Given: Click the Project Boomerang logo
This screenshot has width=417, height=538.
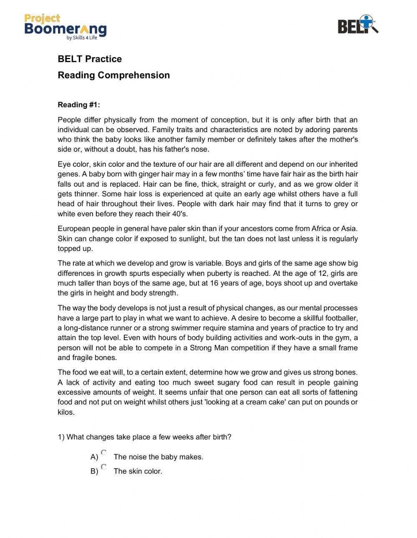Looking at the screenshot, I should (x=65, y=26).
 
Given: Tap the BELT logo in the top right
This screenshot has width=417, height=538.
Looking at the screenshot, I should (x=358, y=25).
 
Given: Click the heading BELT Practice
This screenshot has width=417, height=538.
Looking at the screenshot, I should (x=90, y=59).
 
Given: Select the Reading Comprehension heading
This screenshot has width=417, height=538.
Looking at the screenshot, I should (x=113, y=75).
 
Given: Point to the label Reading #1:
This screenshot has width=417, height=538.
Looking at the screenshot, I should (x=79, y=105).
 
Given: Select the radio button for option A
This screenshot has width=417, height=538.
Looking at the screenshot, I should (x=104, y=453).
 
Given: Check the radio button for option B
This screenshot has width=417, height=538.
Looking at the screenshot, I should (x=104, y=467).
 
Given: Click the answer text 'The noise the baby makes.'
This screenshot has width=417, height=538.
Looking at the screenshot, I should (x=158, y=457).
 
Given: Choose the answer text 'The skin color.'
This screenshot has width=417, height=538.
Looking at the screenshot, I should (x=138, y=471).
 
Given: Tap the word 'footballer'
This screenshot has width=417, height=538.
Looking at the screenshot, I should (x=341, y=318).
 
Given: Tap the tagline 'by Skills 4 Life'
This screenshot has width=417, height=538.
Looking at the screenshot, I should (x=82, y=38).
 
